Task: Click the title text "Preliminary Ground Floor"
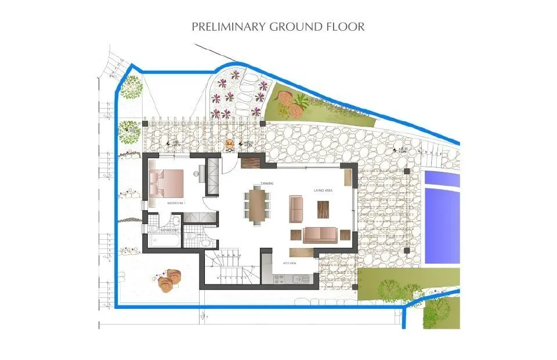pyautogui.click(x=278, y=27)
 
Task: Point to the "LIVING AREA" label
pyautogui.click(x=323, y=190)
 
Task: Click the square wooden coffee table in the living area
pyautogui.click(x=323, y=208)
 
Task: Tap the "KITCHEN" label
pyautogui.click(x=290, y=263)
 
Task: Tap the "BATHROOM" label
pyautogui.click(x=169, y=230)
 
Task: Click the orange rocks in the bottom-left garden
pyautogui.click(x=168, y=280)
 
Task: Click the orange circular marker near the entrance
pyautogui.click(x=230, y=143)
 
